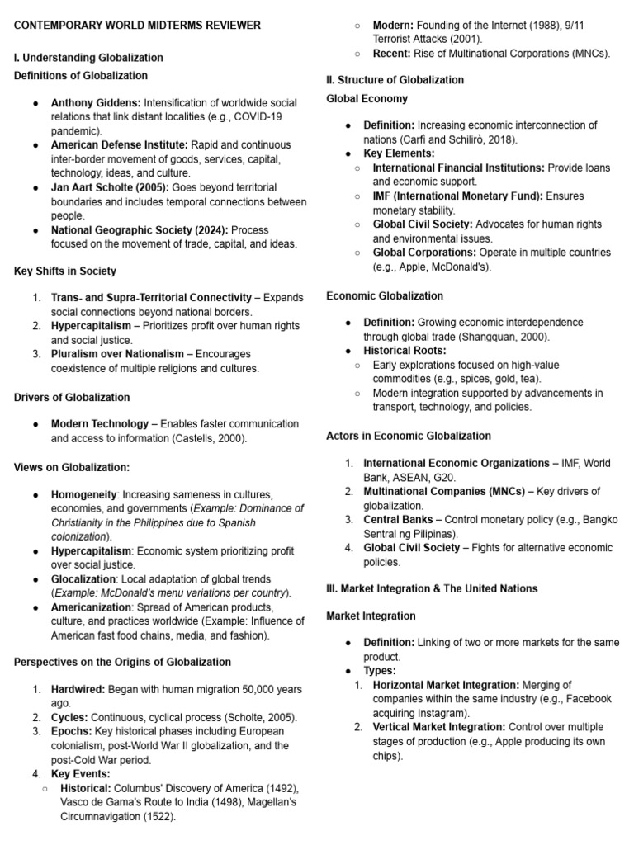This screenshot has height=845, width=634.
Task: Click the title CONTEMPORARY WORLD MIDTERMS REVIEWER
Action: click(138, 26)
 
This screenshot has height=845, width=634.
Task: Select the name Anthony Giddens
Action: click(96, 103)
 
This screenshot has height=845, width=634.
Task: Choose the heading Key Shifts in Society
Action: click(65, 271)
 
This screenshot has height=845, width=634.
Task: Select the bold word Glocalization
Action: click(83, 579)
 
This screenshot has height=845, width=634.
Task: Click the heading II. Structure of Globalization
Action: click(395, 80)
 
